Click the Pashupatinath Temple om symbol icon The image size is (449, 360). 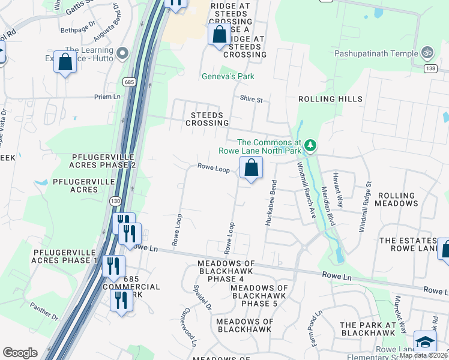tap(428, 52)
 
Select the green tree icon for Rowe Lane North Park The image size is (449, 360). tap(310, 145)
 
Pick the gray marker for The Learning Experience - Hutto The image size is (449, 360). tap(123, 53)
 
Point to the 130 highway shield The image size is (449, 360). tap(114, 201)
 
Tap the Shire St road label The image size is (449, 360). tap(251, 99)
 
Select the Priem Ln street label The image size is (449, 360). tap(107, 97)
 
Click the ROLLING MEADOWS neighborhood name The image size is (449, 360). tap(396, 199)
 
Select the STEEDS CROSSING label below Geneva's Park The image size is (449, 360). tap(207, 119)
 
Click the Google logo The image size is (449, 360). tap(20, 353)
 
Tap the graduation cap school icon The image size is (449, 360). tap(425, 342)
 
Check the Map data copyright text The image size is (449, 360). tap(423, 355)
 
